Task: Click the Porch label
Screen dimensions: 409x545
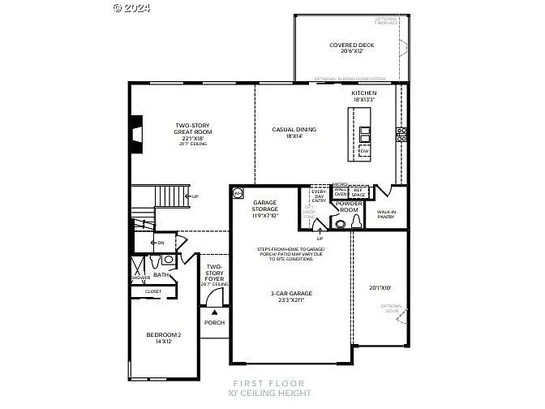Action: (214, 322)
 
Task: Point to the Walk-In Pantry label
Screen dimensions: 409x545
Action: (385, 214)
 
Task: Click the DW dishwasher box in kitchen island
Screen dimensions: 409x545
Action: (363, 151)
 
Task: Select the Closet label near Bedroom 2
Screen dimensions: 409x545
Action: (153, 291)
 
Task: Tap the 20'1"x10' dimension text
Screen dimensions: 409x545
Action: (380, 287)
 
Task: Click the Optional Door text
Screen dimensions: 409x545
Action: (392, 308)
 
